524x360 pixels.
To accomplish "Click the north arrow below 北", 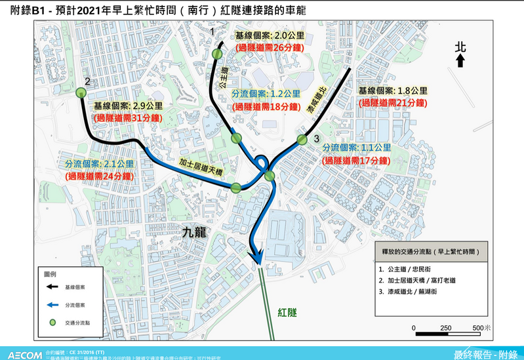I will point(460,60).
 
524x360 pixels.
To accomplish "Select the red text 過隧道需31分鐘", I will point(128,117).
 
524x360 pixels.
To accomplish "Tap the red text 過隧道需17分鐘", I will point(358,160).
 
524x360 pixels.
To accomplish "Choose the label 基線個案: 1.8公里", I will point(393,90).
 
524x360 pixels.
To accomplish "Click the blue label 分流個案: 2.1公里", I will point(99,164).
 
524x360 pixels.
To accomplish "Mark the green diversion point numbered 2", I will point(81,93).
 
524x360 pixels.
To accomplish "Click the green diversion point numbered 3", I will point(302,139).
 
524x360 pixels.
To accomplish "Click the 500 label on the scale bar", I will point(479,328).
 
